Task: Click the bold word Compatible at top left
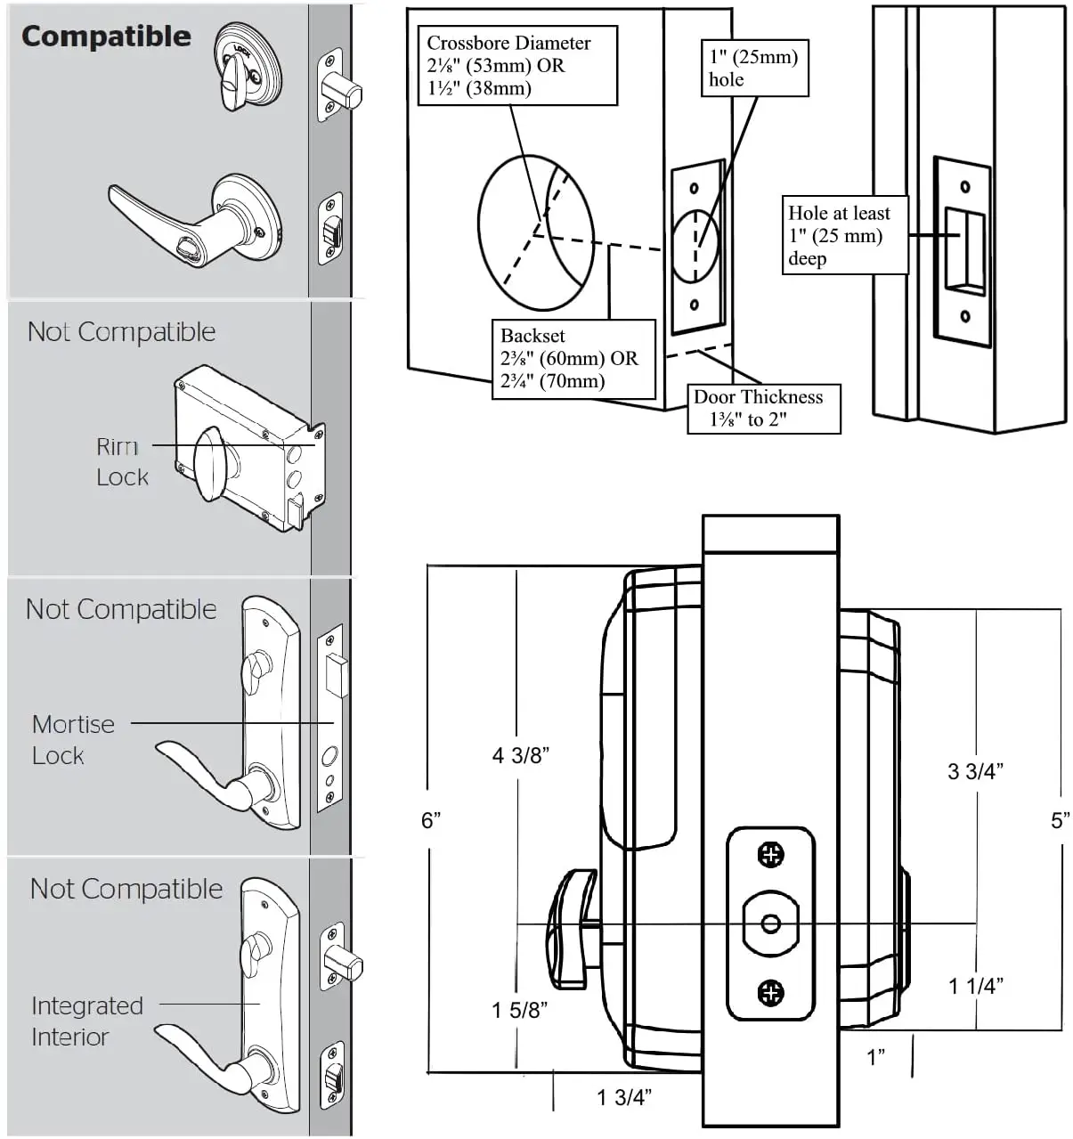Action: click(106, 37)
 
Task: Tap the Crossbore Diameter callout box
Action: click(517, 66)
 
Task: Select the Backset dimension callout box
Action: click(573, 359)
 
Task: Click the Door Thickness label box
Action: click(763, 409)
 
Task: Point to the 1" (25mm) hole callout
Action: click(754, 69)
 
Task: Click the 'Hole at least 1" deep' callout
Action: click(844, 236)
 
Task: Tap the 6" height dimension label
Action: click(432, 819)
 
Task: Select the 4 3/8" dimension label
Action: click(521, 755)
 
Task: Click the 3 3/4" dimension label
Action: click(975, 771)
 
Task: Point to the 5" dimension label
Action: click(1060, 820)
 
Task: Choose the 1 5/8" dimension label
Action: click(520, 1010)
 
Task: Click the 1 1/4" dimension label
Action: click(976, 985)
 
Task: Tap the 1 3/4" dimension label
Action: click(624, 1096)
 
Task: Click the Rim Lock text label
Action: click(122, 461)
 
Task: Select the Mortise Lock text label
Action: click(73, 739)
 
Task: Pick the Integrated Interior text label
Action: click(86, 1021)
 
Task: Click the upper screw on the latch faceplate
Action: click(770, 855)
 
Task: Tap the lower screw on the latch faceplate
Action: click(770, 992)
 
